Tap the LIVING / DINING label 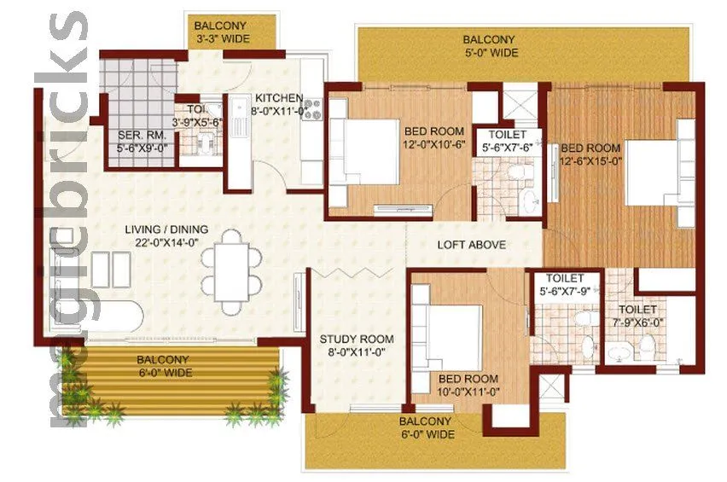(x=166, y=229)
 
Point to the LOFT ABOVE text (x=471, y=245)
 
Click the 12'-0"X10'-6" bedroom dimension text (x=434, y=145)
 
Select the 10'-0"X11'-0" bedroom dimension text (x=468, y=392)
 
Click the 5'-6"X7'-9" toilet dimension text (x=564, y=291)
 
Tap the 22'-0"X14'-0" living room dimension (x=166, y=242)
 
